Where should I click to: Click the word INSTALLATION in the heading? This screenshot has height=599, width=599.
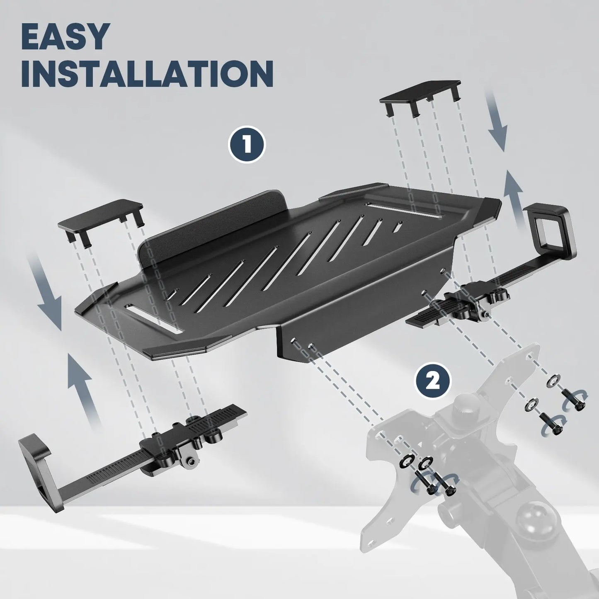(148, 73)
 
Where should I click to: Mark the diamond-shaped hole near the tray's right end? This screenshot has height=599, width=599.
(398, 227)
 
